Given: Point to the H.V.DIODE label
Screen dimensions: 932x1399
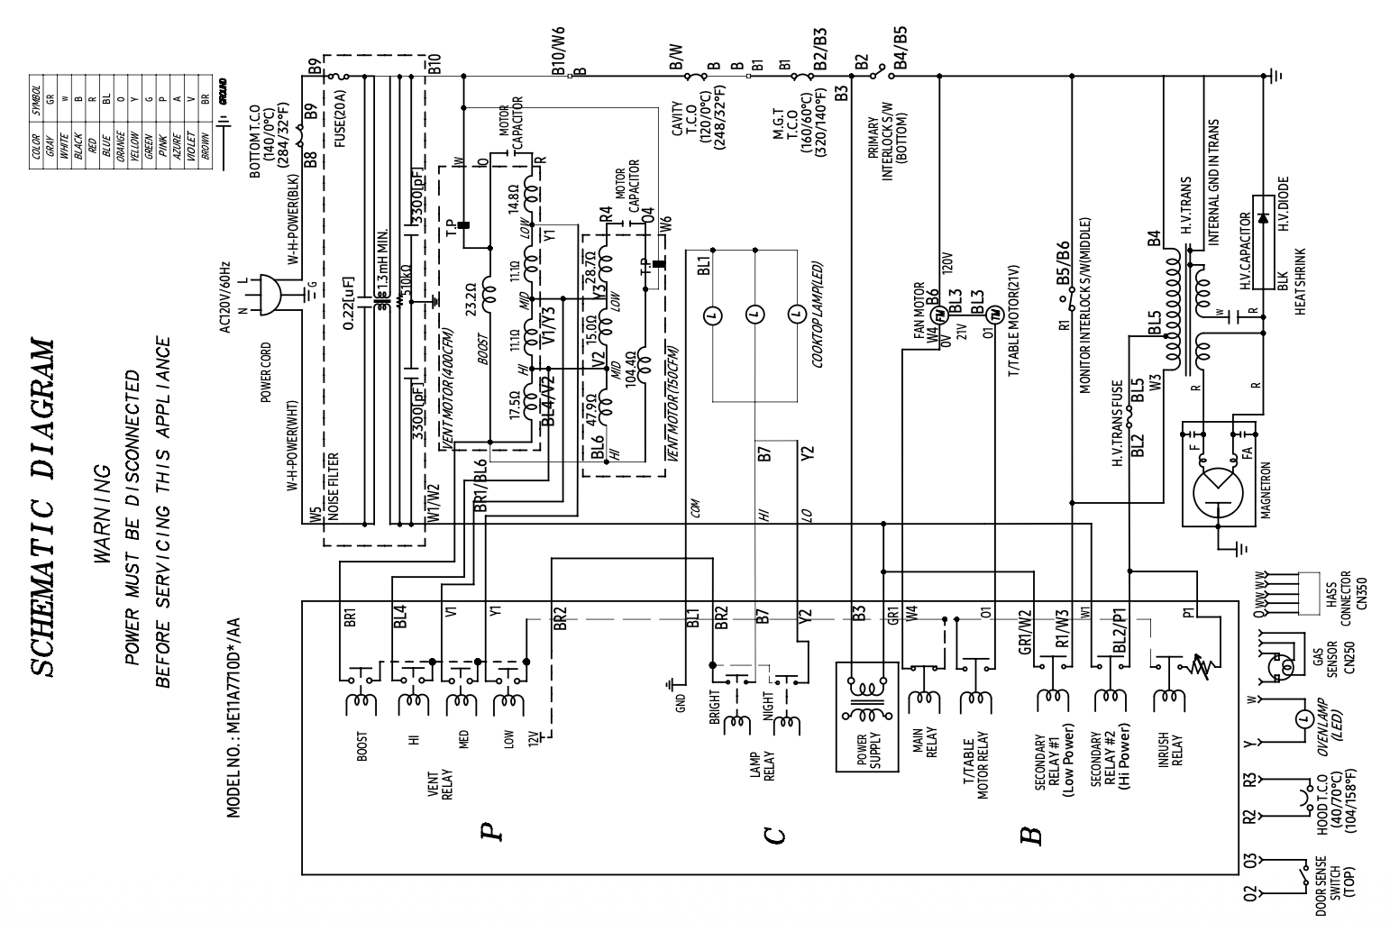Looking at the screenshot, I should pyautogui.click(x=1283, y=204).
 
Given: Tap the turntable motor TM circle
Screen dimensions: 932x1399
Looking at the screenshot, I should pyautogui.click(x=994, y=314).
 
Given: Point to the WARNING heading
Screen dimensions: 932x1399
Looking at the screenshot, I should pyautogui.click(x=101, y=515).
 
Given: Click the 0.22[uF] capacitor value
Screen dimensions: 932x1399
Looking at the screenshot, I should pyautogui.click(x=350, y=303).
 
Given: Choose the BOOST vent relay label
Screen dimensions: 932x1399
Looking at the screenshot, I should pyautogui.click(x=361, y=748).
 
